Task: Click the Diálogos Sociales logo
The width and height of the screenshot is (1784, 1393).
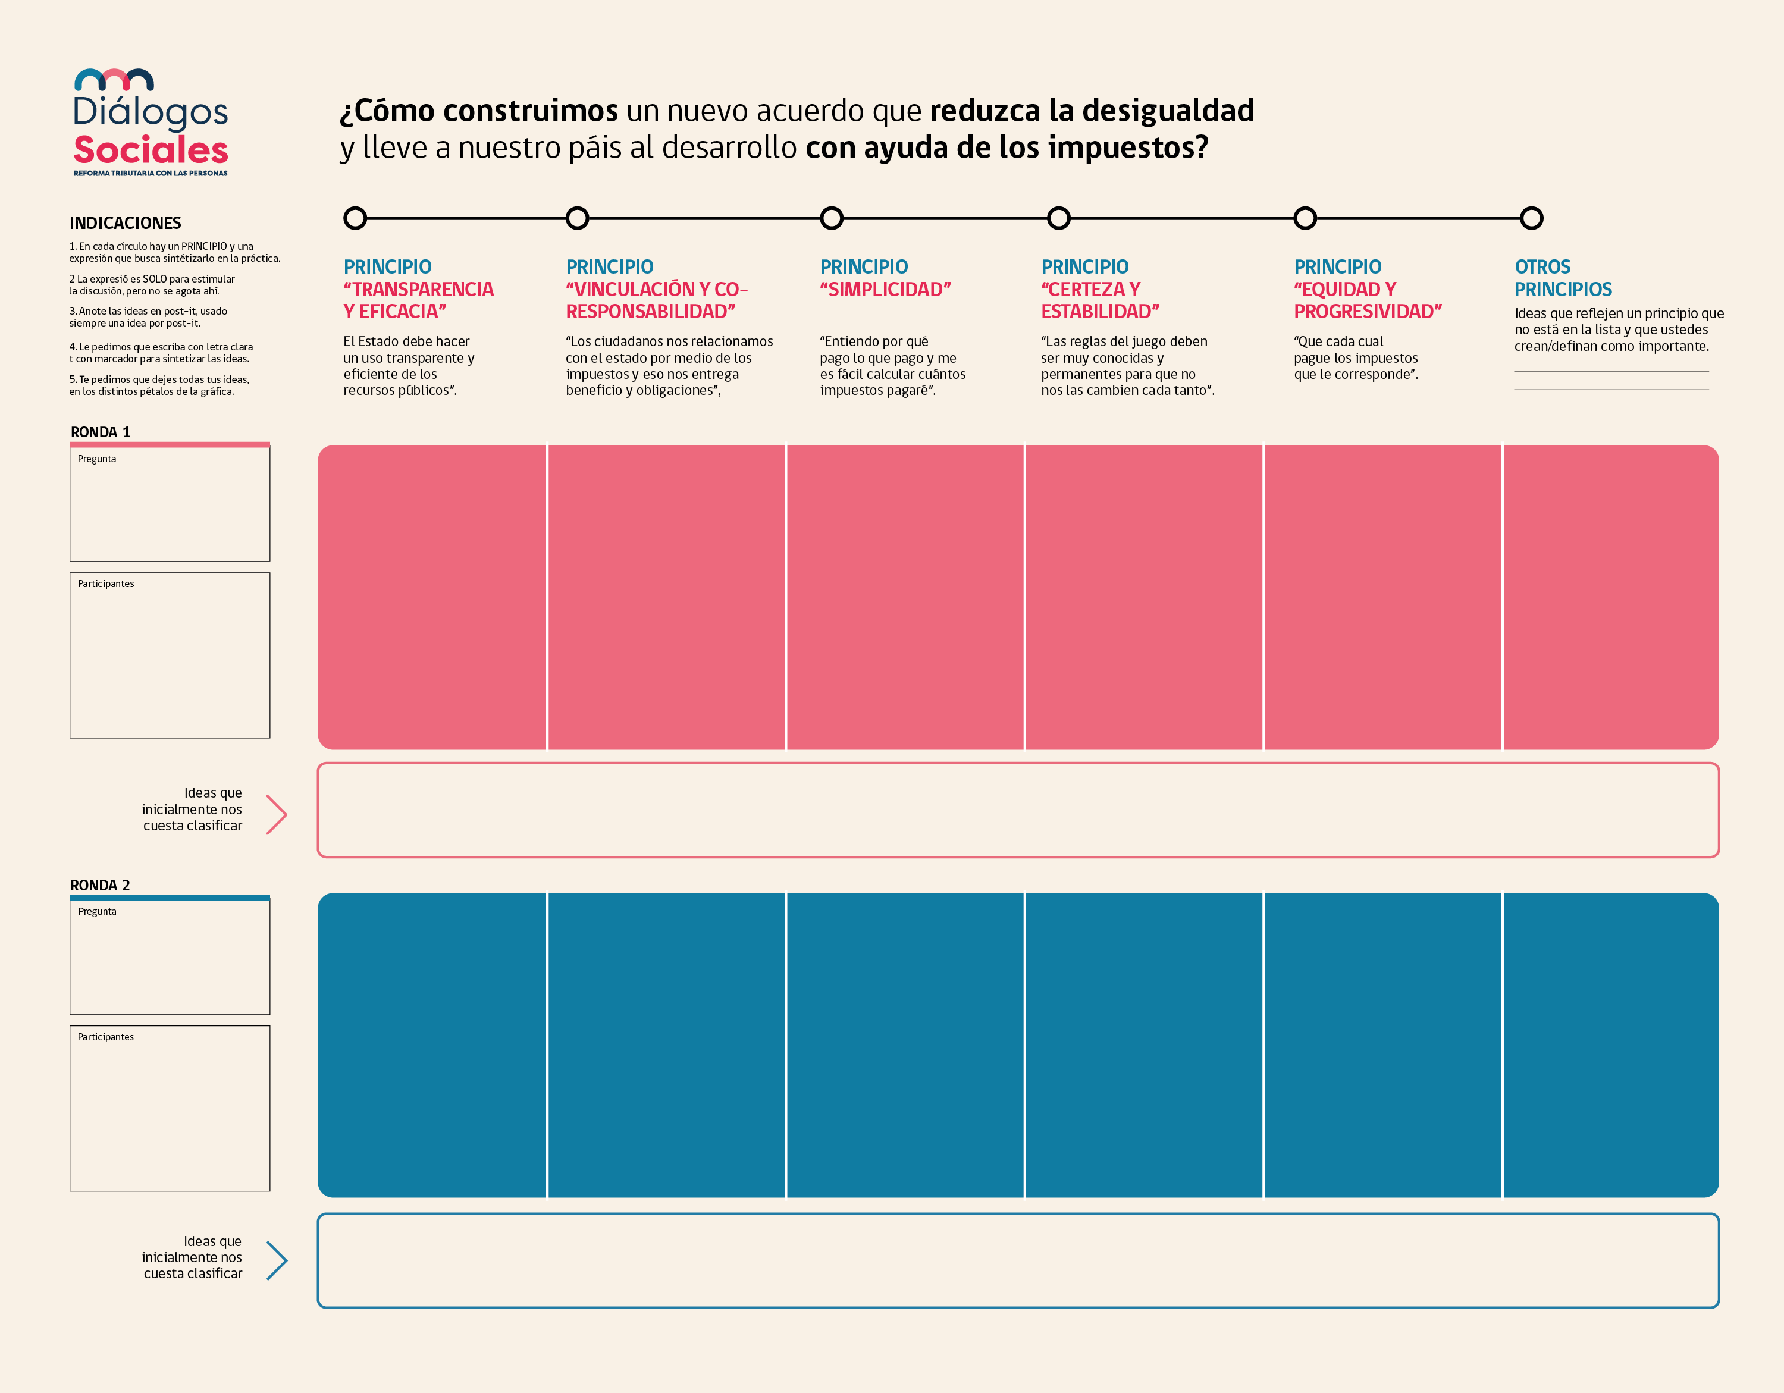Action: [151, 123]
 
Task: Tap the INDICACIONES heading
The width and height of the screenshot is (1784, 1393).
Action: [125, 223]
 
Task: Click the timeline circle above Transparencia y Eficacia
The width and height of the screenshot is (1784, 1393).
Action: [355, 218]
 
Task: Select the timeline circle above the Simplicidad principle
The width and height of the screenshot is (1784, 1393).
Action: [831, 218]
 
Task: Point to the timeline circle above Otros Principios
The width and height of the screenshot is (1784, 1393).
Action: [1532, 218]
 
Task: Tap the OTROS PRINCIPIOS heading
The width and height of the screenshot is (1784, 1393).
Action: [1563, 278]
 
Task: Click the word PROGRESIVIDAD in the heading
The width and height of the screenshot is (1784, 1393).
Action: [1368, 311]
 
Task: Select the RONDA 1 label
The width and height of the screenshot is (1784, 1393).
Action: [101, 432]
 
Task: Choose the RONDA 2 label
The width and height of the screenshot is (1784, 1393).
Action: [101, 885]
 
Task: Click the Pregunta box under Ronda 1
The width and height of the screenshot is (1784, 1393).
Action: [170, 504]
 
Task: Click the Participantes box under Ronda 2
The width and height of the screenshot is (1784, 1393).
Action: [170, 1108]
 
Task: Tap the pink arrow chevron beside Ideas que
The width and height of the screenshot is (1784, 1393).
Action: [277, 814]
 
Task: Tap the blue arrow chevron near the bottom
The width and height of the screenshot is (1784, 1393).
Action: [277, 1261]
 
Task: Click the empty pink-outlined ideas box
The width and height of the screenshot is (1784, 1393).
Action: [1018, 810]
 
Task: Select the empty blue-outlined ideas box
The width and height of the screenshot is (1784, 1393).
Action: [1018, 1261]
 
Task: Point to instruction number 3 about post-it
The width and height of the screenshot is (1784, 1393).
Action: [149, 317]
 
